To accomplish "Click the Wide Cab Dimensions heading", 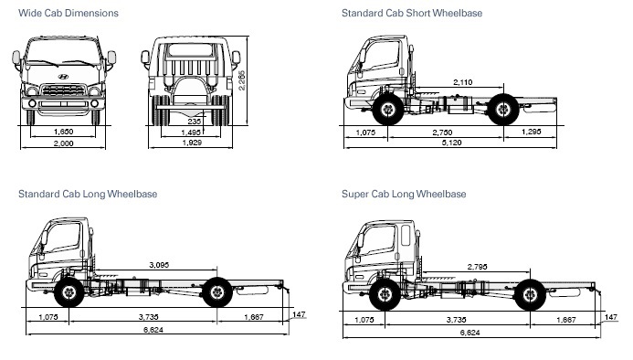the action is [69, 13].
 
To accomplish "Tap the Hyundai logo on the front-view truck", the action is [63, 77].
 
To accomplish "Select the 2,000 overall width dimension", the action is [63, 143].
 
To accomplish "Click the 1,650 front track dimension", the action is [63, 132].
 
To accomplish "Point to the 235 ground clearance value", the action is [195, 122].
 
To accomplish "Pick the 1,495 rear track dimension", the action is [191, 132].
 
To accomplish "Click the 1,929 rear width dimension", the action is [192, 143].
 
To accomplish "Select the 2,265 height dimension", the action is [241, 80].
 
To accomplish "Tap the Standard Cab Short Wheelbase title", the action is [412, 13].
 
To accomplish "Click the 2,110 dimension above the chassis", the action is [462, 82].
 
